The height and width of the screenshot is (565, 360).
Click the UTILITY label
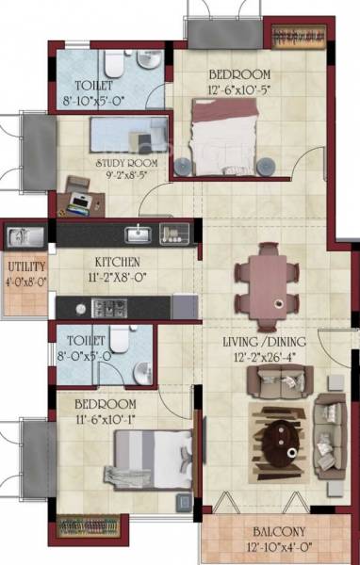pyautogui.click(x=25, y=266)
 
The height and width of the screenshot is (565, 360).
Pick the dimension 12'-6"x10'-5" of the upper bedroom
pyautogui.click(x=239, y=89)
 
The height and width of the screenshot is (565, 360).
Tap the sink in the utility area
pyautogui.click(x=20, y=235)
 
